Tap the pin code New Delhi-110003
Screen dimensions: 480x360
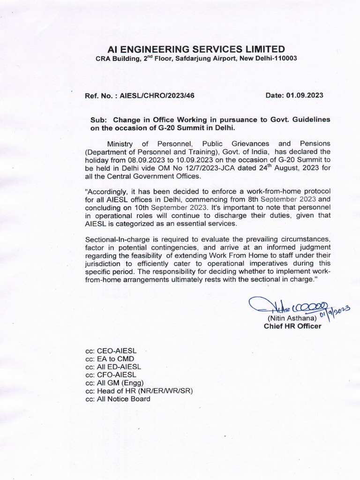(268, 58)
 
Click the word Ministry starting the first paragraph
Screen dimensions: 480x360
(121, 143)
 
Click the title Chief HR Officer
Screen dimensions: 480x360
(292, 326)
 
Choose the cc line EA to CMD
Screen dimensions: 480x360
(106, 359)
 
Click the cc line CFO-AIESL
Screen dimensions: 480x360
(111, 375)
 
